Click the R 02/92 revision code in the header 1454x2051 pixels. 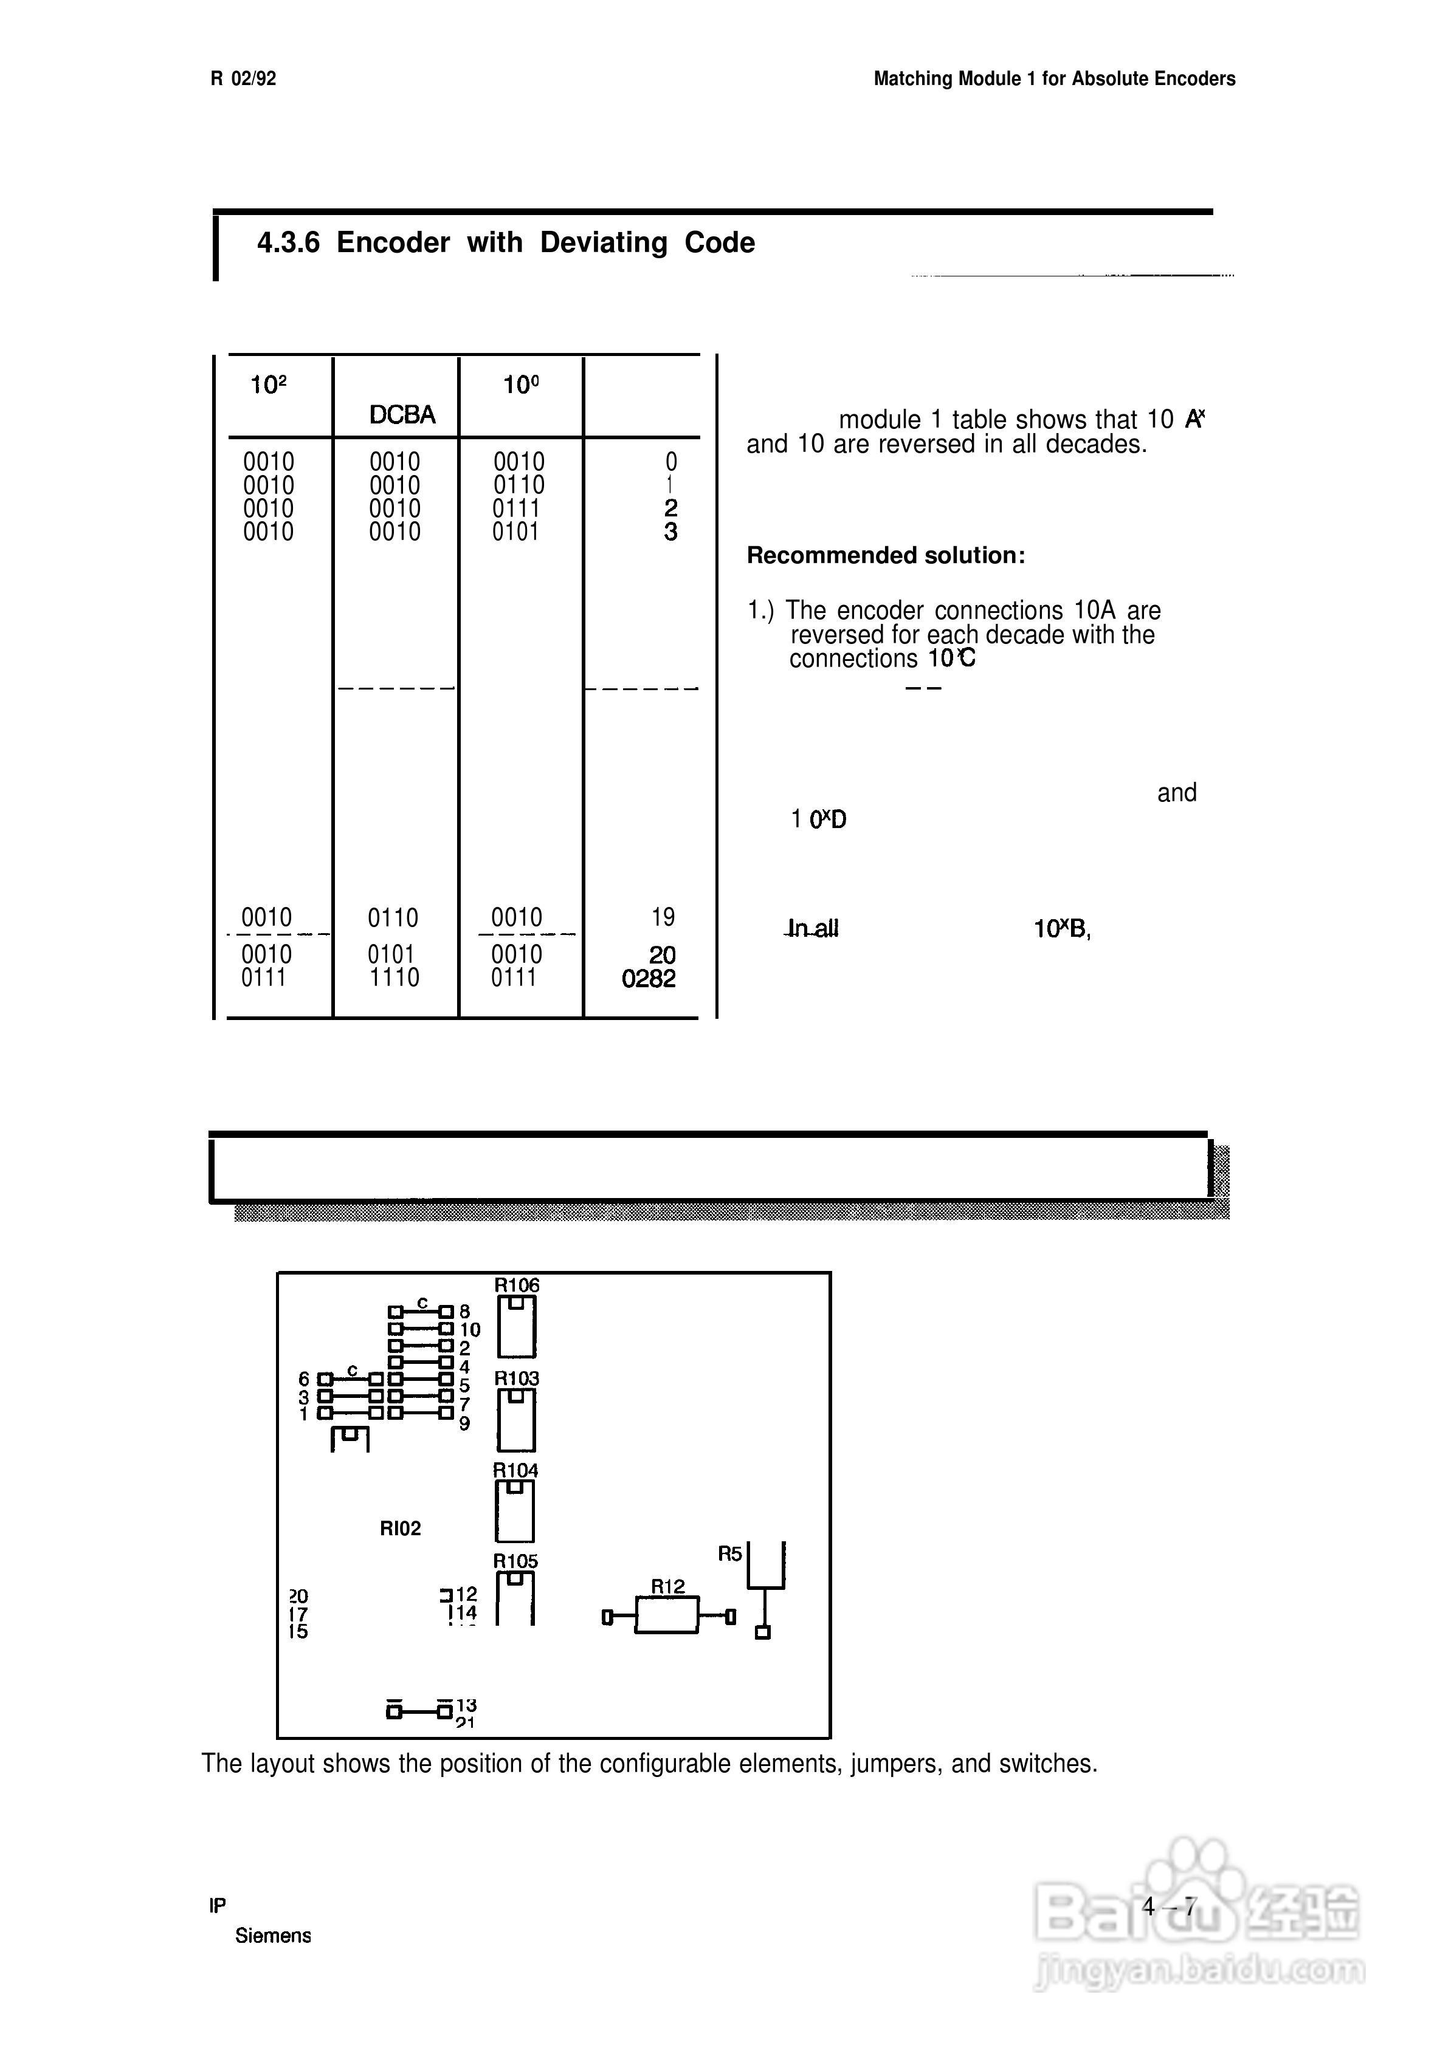tap(243, 79)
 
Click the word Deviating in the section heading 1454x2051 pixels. tap(604, 242)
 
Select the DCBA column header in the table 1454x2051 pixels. tap(402, 414)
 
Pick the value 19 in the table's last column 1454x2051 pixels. tap(663, 917)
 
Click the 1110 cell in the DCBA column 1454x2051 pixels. tap(394, 978)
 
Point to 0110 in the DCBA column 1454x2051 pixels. tap(393, 918)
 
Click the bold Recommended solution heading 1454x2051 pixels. tap(886, 556)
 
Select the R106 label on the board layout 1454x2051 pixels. tap(517, 1285)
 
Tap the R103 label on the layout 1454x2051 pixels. tap(517, 1379)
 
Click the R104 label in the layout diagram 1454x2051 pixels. tap(515, 1470)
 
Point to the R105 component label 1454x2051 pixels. tap(515, 1561)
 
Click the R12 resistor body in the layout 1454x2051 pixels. tap(667, 1616)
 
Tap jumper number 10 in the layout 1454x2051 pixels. tap(470, 1330)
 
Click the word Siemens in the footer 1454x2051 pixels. tap(273, 1936)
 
